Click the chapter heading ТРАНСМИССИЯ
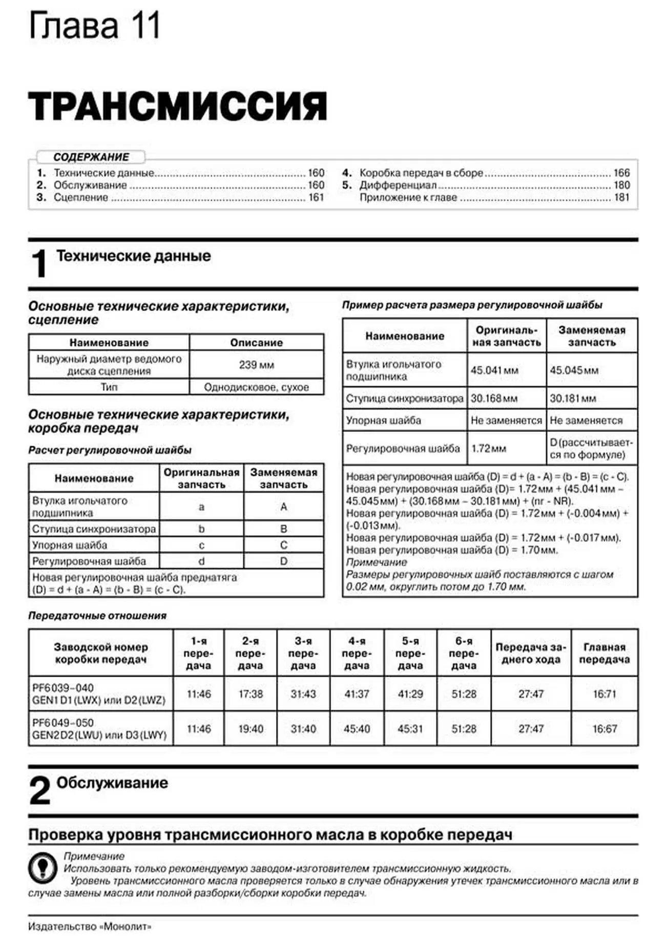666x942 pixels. pyautogui.click(x=177, y=106)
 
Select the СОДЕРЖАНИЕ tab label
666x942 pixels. pyautogui.click(x=91, y=157)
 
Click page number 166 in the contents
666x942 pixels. pyautogui.click(x=621, y=173)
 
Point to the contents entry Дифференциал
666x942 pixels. pyautogui.click(x=398, y=185)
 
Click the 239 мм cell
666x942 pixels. pyautogui.click(x=256, y=365)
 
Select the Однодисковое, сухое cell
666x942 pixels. pyautogui.click(x=256, y=387)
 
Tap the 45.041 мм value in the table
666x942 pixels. pyautogui.click(x=494, y=370)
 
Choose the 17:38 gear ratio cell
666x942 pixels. pyautogui.click(x=251, y=694)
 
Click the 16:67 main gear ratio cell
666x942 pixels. pyautogui.click(x=605, y=728)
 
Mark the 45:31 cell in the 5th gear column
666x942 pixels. pyautogui.click(x=410, y=728)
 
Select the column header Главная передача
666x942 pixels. pyautogui.click(x=605, y=653)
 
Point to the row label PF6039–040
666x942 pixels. pyautogui.click(x=63, y=688)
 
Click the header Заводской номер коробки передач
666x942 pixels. pyautogui.click(x=101, y=653)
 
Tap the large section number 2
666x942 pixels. pyautogui.click(x=39, y=791)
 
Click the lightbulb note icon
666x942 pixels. pyautogui.click(x=43, y=868)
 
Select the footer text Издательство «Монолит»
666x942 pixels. pyautogui.click(x=90, y=927)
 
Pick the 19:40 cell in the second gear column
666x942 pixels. pyautogui.click(x=251, y=728)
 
